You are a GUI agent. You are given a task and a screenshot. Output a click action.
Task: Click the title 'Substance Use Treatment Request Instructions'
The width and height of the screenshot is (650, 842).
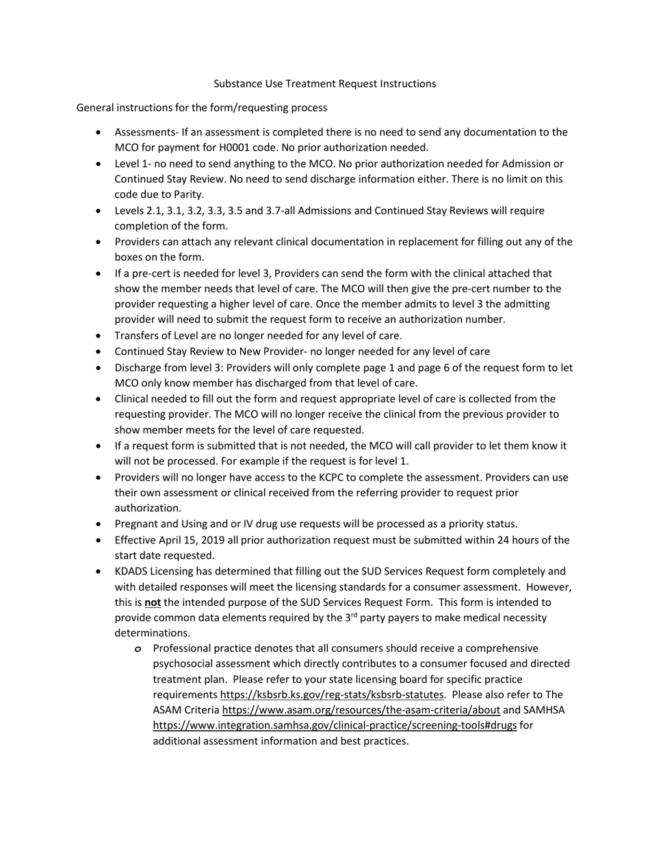pyautogui.click(x=324, y=84)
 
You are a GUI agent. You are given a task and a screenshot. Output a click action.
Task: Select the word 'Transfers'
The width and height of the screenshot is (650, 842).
pyautogui.click(x=138, y=335)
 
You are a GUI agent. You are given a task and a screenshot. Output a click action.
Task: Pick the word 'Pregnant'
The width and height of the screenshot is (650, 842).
pyautogui.click(x=137, y=524)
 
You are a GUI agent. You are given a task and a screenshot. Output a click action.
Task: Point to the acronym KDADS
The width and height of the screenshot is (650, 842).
pyautogui.click(x=131, y=571)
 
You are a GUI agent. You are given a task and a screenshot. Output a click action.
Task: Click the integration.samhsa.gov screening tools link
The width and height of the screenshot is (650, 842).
pyautogui.click(x=335, y=726)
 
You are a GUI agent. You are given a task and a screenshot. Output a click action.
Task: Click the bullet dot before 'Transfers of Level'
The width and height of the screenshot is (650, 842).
pyautogui.click(x=101, y=336)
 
